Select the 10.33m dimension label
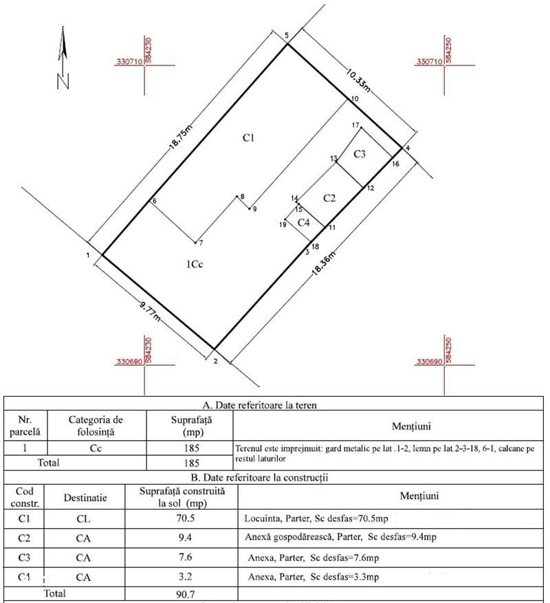357,79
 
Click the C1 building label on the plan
249,138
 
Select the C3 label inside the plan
360,155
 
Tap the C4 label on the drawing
304,222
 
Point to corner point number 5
287,36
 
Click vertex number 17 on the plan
355,126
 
